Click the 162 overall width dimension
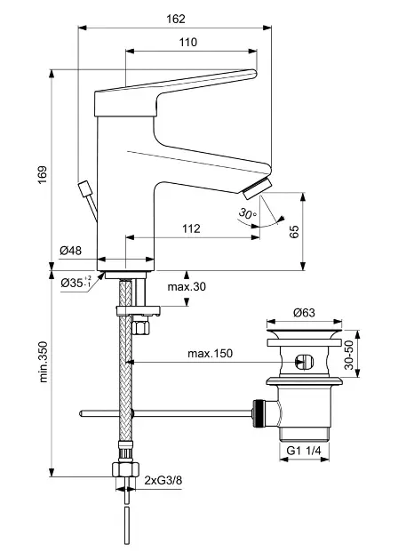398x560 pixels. (176, 19)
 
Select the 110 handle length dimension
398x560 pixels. (187, 42)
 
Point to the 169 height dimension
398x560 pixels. (43, 175)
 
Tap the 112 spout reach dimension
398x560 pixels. (191, 228)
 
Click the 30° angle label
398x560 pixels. (247, 213)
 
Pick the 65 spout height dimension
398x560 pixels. (294, 232)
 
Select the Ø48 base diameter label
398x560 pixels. (71, 251)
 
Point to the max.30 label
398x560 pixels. (187, 286)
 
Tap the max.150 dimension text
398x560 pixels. (210, 354)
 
